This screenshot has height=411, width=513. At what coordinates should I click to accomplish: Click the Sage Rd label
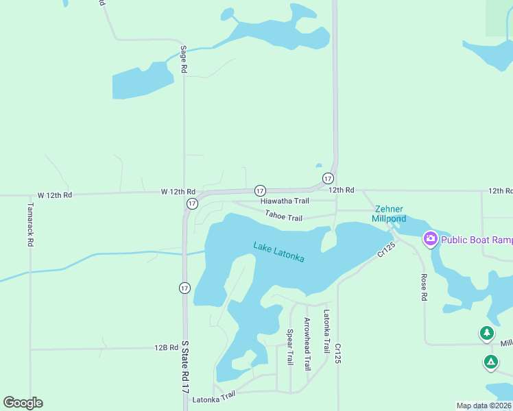point(183,59)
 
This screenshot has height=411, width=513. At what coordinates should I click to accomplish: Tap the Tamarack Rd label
point(30,223)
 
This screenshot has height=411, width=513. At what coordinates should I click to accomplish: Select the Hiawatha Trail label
point(285,201)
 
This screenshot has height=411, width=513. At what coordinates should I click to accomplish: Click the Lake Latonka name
point(278,251)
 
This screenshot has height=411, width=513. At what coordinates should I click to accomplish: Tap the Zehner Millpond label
point(389,214)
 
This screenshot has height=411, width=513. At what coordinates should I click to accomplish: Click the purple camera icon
point(431,239)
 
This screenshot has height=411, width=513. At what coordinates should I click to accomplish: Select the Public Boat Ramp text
point(477,240)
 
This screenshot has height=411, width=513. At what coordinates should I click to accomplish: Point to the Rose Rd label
point(424,288)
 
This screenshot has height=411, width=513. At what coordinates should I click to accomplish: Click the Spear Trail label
point(290,347)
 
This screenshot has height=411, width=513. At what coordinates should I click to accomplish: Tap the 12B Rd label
point(167,348)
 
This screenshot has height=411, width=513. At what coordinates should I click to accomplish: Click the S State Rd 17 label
point(184,366)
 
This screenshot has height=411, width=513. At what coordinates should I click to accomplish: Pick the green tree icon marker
point(487,334)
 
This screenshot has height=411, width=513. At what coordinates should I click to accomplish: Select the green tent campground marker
point(490,362)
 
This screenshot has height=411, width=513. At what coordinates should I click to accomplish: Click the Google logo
point(23,403)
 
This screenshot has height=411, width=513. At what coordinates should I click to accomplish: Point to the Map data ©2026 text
point(484,406)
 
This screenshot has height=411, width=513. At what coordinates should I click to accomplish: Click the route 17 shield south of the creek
point(184,288)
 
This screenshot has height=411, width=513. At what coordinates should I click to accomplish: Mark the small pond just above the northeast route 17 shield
point(318,165)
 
